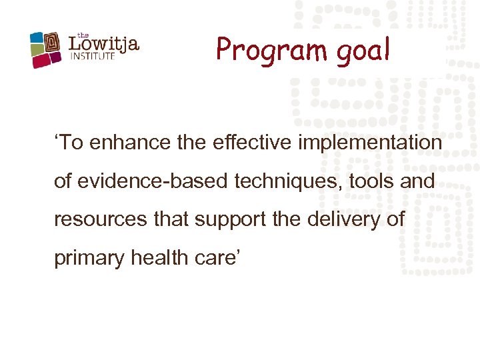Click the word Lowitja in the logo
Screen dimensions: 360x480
(x=104, y=45)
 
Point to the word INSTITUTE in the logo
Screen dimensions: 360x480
(x=93, y=57)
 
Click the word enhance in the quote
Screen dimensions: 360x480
(x=123, y=143)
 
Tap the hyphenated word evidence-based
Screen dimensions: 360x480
(x=144, y=181)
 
